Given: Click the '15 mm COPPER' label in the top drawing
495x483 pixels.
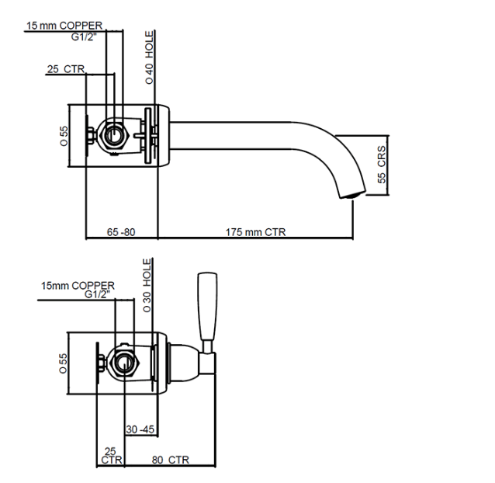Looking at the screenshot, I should point(64,26).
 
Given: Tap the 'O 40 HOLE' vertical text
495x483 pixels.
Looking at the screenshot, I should point(150,57).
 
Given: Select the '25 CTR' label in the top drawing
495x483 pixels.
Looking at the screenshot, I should point(65,69).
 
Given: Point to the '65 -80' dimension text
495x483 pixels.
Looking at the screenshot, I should point(120,231).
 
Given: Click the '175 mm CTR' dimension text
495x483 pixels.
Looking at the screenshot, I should point(255,231).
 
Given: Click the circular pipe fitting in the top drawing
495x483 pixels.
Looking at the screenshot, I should point(114,135).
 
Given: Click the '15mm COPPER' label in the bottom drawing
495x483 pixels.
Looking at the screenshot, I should point(78,286).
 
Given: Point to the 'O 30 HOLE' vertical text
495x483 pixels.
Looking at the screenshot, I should point(147,287).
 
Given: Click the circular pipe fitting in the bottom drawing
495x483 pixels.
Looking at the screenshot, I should point(124,363).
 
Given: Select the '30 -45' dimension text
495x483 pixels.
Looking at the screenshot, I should point(141,428).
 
